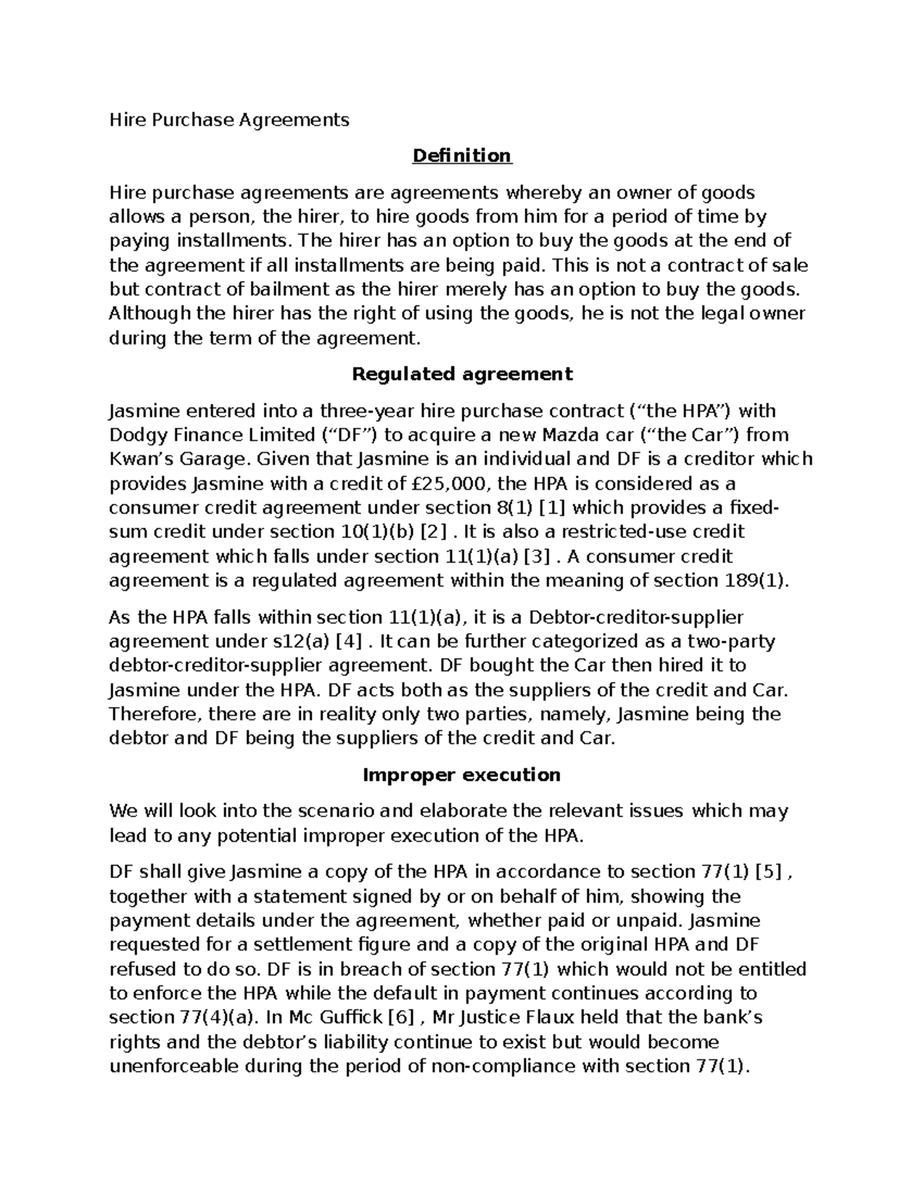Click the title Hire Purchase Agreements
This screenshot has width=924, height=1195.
tap(229, 120)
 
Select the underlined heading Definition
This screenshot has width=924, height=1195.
tap(461, 156)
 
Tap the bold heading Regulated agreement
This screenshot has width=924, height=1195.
tap(461, 374)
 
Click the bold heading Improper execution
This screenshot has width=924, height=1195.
tap(461, 775)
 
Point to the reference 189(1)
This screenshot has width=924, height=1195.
tap(757, 581)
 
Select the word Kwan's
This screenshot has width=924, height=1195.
tap(139, 459)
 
